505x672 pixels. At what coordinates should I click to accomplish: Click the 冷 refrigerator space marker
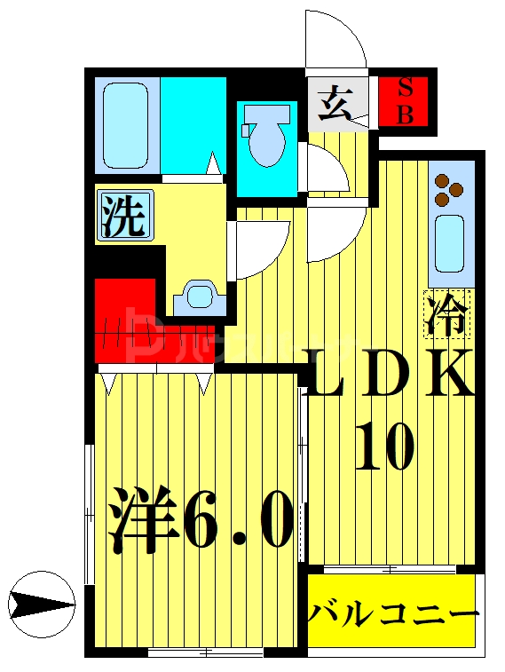(447, 314)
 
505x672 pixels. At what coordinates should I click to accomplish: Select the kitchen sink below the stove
(450, 242)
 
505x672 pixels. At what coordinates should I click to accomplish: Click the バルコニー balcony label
(394, 613)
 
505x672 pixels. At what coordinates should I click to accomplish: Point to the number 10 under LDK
(384, 447)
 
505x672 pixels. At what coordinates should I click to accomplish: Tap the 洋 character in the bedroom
(142, 520)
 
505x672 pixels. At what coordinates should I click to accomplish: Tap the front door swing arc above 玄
(337, 40)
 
